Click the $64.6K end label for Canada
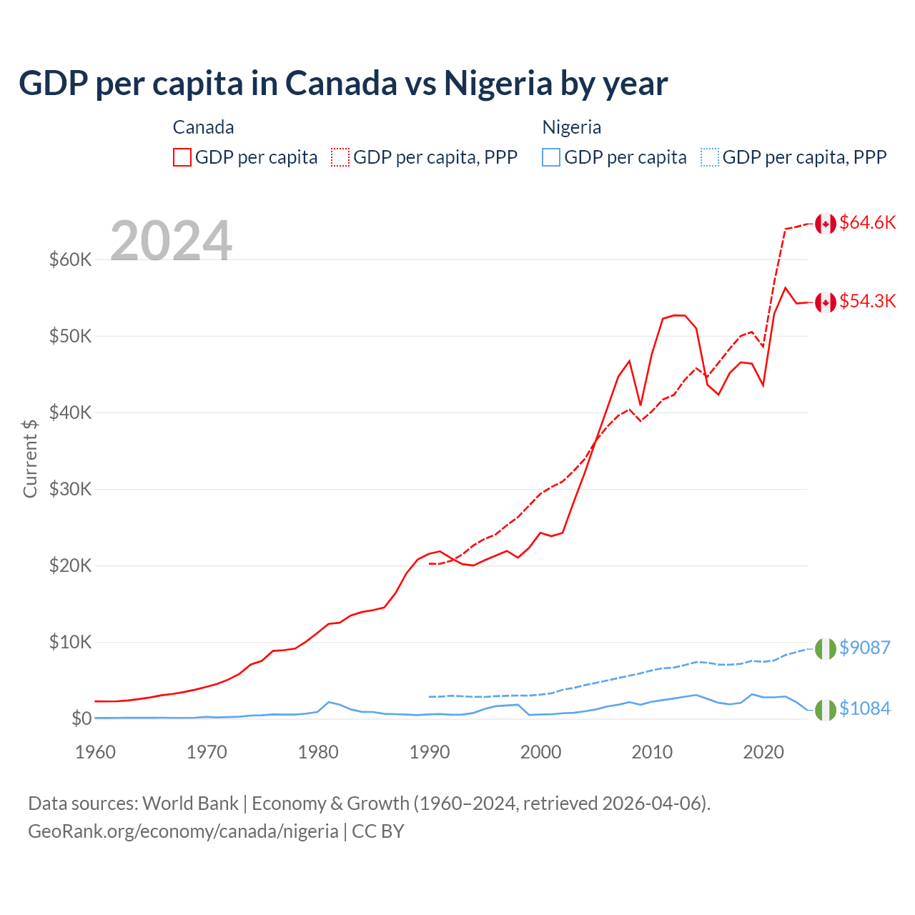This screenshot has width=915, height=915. [x=867, y=222]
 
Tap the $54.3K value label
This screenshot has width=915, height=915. [x=867, y=301]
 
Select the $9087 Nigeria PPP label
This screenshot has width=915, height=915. [x=864, y=648]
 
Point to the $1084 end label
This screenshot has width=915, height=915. [x=864, y=708]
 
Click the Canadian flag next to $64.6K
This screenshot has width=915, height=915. [x=826, y=224]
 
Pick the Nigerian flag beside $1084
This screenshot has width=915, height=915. [x=826, y=710]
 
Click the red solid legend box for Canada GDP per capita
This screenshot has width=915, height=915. [x=182, y=157]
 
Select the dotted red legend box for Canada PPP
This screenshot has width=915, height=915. [x=340, y=157]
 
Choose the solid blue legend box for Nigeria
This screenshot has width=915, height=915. [x=551, y=157]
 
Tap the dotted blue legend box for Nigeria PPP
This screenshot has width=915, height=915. [x=710, y=157]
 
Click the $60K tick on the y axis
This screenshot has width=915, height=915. [x=71, y=259]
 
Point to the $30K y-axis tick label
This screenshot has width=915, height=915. [x=71, y=489]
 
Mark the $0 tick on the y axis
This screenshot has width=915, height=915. [x=81, y=718]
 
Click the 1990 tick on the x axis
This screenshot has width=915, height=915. [x=430, y=752]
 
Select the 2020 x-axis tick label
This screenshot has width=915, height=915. [x=763, y=752]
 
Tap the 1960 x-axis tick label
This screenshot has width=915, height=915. [x=96, y=752]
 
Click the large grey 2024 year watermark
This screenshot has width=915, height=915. [x=171, y=241]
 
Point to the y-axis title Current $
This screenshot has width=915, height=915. [x=30, y=458]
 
